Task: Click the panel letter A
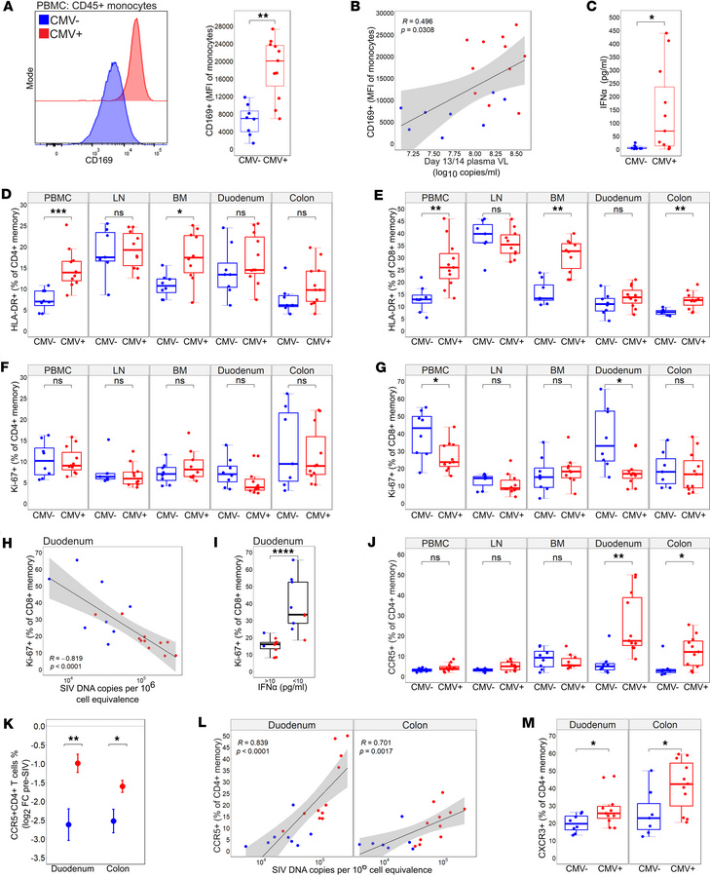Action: click(8, 9)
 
